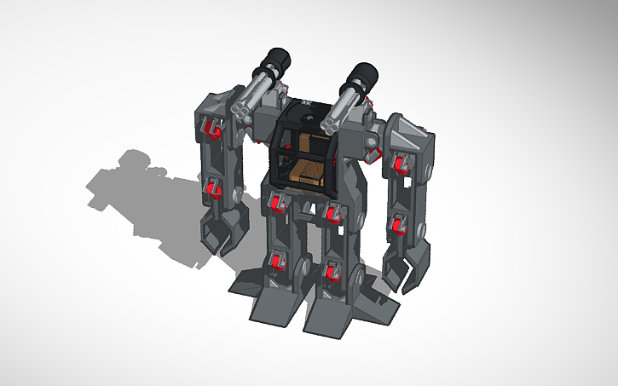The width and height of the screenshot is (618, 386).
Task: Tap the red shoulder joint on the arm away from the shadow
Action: click(x=396, y=163)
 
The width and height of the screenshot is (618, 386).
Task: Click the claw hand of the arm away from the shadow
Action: click(x=401, y=269)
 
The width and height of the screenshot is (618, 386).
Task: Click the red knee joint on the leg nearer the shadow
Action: click(x=275, y=264)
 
